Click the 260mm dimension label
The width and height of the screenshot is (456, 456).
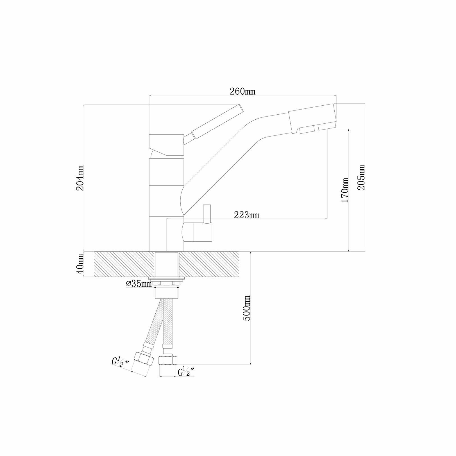[242, 92]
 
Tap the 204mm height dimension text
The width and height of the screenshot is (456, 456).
[80, 178]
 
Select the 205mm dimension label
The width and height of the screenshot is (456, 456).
[361, 178]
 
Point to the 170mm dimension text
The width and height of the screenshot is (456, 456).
[345, 190]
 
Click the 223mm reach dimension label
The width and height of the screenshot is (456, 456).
[247, 215]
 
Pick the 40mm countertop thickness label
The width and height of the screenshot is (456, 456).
[80, 264]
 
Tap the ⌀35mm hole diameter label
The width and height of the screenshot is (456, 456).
[139, 284]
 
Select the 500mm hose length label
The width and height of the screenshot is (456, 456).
[246, 308]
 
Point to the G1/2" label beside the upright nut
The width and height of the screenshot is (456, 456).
[186, 372]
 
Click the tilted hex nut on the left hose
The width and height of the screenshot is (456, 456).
[144, 359]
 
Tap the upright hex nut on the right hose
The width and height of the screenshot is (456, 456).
[168, 360]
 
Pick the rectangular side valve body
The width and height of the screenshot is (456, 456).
[202, 232]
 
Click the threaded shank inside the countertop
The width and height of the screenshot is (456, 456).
[167, 264]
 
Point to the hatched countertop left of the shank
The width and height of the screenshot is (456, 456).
[124, 264]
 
